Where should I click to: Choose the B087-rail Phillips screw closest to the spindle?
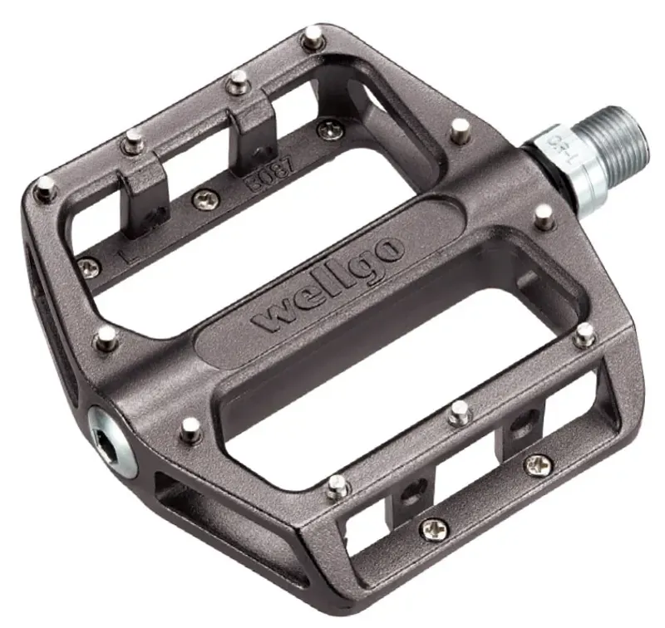click(x=331, y=130)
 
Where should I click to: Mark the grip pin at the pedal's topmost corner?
click(x=313, y=37)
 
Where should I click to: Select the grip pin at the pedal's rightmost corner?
click(x=585, y=334)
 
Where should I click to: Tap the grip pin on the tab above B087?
click(x=238, y=81)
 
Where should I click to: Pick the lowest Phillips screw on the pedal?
click(x=433, y=528)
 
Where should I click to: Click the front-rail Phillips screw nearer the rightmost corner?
click(x=538, y=464)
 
